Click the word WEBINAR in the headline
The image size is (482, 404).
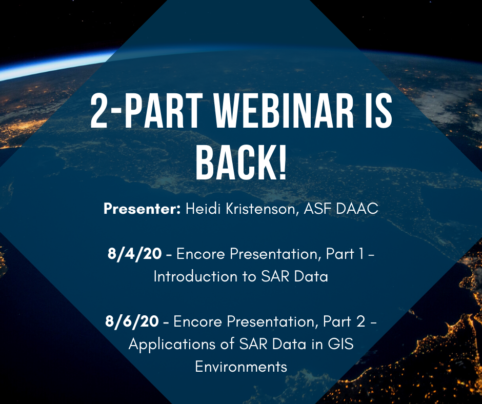tap(284, 111)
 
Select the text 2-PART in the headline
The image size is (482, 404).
tap(147, 111)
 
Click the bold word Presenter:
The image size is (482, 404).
tap(142, 209)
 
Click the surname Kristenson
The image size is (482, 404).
tap(262, 209)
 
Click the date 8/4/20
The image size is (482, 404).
tap(135, 254)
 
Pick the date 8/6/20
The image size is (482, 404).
tap(132, 321)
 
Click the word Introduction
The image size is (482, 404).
tap(195, 276)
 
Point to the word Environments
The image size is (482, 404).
tap(241, 367)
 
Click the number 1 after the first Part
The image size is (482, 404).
tap(360, 254)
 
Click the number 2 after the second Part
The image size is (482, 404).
tap(361, 321)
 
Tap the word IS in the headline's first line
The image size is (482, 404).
tap(379, 111)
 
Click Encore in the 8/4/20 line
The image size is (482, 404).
tap(200, 254)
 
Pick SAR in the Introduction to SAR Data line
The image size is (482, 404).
tap(275, 276)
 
